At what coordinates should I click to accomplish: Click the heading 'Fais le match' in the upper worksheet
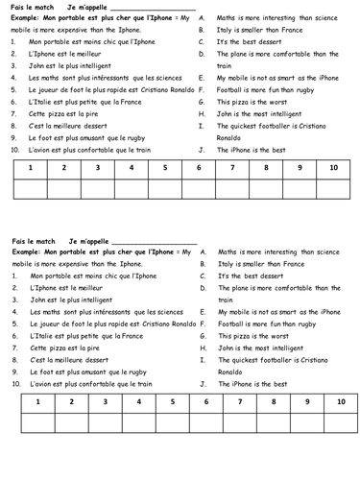33,7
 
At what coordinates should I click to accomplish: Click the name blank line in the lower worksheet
155,242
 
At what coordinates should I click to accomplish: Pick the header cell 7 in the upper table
231,167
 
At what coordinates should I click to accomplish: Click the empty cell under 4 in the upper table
131,187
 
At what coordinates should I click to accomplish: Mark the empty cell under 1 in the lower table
36,421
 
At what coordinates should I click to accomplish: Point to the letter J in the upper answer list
202,150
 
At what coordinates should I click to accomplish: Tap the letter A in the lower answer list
202,252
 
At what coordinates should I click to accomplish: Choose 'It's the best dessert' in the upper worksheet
249,42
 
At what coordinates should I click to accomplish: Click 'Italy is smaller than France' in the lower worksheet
260,264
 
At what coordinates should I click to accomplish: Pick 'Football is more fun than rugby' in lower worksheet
269,324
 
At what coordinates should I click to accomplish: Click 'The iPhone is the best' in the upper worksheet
252,150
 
